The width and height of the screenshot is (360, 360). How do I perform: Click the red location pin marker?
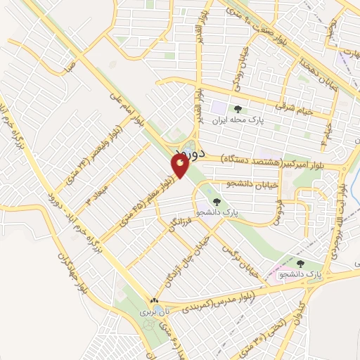(180, 166)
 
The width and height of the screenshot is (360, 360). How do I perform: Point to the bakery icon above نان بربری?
(152, 300)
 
